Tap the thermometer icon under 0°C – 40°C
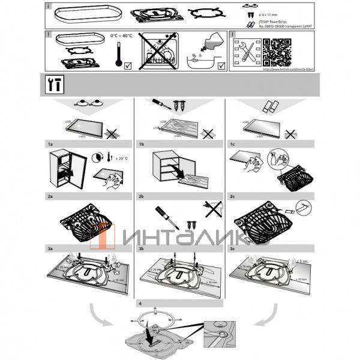[119, 55]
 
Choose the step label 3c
[232, 246]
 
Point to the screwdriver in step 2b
[163, 216]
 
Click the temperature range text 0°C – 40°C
[122, 36]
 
